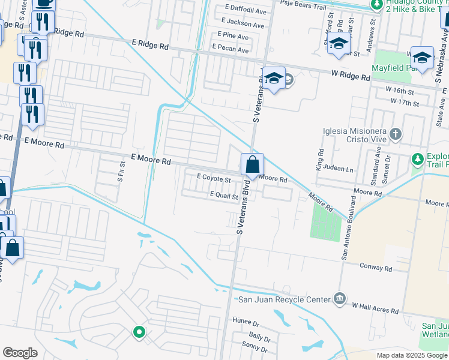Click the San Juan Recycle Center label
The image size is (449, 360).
[x=285, y=299]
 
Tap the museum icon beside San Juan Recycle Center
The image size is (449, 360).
[x=340, y=299]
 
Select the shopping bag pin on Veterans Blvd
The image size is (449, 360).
[x=253, y=164]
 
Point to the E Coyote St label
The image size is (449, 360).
[x=214, y=179]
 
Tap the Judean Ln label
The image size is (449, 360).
[x=338, y=169]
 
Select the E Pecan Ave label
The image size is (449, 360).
[x=230, y=50]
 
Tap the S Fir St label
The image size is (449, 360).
[x=121, y=171]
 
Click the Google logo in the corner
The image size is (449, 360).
[x=20, y=352]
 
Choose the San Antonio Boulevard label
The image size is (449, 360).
[x=349, y=230]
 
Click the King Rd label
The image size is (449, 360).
[x=320, y=158]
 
